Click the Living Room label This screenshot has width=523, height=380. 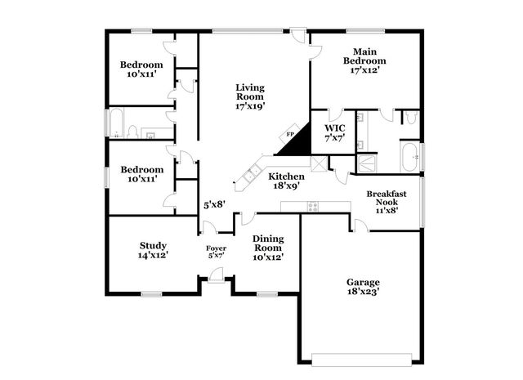tap(250, 91)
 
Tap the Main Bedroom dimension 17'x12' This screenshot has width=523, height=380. tap(364, 71)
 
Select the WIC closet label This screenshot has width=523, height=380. tap(335, 128)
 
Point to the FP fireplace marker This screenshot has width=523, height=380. tap(289, 135)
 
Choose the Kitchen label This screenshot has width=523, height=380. tap(287, 177)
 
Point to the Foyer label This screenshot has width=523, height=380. tap(216, 248)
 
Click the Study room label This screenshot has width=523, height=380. tap(153, 245)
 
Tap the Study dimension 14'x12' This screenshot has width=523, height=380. tap(153, 256)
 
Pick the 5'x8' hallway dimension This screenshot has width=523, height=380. tap(214, 205)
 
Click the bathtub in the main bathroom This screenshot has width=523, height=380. tap(409, 155)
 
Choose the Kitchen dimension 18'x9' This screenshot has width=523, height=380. tap(287, 186)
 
